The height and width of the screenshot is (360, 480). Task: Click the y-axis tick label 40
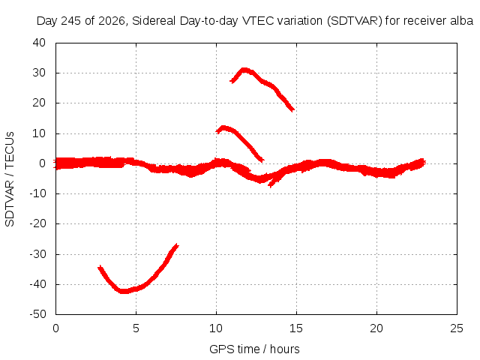(39, 43)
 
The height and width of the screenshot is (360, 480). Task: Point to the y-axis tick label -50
(37, 314)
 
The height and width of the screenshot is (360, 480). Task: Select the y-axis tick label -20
(37, 223)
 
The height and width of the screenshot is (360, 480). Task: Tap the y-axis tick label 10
(39, 133)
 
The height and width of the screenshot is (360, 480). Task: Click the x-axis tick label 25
(457, 328)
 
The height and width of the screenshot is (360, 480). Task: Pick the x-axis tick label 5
(136, 328)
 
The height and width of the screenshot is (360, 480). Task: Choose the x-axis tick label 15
(296, 328)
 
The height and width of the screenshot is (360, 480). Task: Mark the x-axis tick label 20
(376, 328)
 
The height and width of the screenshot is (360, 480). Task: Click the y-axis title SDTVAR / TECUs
(10, 179)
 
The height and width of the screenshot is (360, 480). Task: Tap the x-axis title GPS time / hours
(254, 349)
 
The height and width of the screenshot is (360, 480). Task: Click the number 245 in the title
(71, 21)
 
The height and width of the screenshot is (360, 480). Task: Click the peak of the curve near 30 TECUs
(244, 70)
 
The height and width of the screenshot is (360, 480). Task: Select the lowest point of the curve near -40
(123, 291)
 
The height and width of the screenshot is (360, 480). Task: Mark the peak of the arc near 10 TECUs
(223, 127)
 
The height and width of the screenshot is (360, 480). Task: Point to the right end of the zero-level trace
(425, 163)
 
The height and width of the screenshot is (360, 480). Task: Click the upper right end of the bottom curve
(177, 244)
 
